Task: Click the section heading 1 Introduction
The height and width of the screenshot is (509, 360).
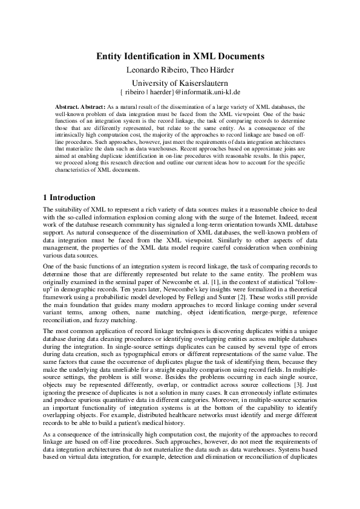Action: click(x=69, y=198)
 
